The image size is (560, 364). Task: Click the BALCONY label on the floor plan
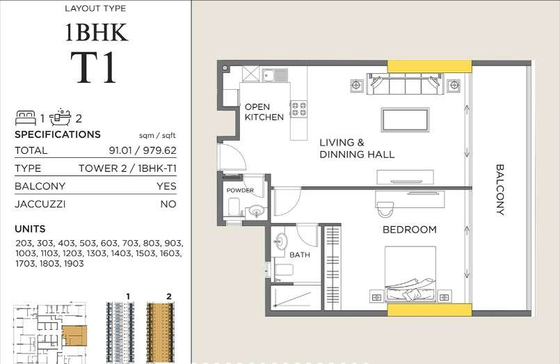(500, 190)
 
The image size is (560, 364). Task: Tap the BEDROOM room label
(409, 230)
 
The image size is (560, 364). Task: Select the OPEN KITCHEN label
(264, 112)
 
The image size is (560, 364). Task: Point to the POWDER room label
(240, 191)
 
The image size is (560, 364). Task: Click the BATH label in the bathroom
(300, 255)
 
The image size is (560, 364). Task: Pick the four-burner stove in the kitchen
(298, 109)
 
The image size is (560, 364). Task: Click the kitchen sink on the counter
(275, 75)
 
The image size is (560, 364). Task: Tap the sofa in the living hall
(405, 84)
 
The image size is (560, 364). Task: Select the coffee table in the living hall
(405, 120)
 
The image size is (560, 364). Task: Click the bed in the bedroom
(410, 274)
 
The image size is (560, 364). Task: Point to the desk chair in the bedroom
(384, 209)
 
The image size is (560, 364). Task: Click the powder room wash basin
(256, 211)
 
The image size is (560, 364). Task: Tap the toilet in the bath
(284, 270)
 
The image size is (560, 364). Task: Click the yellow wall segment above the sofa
(430, 66)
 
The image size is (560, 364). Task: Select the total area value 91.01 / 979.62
(143, 150)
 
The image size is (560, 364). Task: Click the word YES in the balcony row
(166, 186)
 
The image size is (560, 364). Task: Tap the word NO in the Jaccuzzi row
(168, 204)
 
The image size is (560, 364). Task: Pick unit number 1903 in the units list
(74, 264)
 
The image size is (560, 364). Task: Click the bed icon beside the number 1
(26, 118)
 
